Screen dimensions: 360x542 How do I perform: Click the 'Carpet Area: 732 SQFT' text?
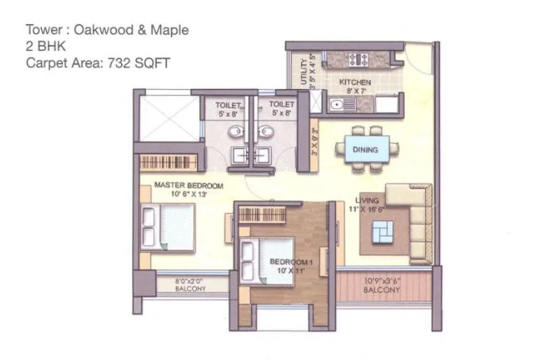[98, 62]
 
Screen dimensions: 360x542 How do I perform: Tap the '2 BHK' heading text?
[44, 46]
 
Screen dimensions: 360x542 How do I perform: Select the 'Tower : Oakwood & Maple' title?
[107, 30]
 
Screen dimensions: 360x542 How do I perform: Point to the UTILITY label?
[305, 72]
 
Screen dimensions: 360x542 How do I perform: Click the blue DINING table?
[365, 150]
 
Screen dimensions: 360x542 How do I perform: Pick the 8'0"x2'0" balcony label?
[190, 284]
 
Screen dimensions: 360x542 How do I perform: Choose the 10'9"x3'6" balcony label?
[382, 285]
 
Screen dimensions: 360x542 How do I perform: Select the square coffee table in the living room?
[384, 230]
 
